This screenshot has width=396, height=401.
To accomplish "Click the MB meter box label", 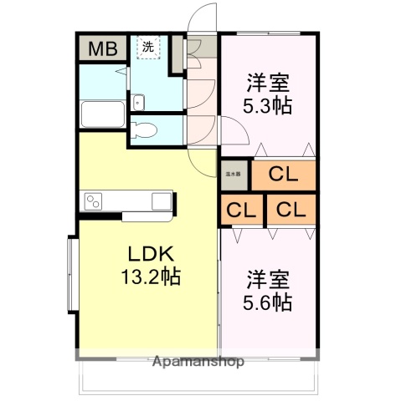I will coord(102,48).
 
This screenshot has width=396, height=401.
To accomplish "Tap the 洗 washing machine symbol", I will coord(147,48).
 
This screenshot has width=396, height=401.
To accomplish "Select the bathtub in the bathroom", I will coord(103,114).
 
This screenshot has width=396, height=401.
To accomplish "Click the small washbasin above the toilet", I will coord(139,102).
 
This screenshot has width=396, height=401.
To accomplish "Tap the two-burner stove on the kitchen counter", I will coord(92,200).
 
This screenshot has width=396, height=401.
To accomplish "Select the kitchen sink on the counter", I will coord(160,200).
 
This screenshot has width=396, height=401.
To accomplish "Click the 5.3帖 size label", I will coord(267,105).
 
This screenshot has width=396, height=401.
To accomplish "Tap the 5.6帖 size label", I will coord(267,302).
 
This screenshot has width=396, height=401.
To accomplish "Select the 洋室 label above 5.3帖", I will coord(268,84).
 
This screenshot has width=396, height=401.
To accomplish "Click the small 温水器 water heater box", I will coord(234,174).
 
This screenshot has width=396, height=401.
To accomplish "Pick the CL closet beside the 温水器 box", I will coord(284,175).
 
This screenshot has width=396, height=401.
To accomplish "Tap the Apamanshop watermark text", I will coord(198,362).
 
